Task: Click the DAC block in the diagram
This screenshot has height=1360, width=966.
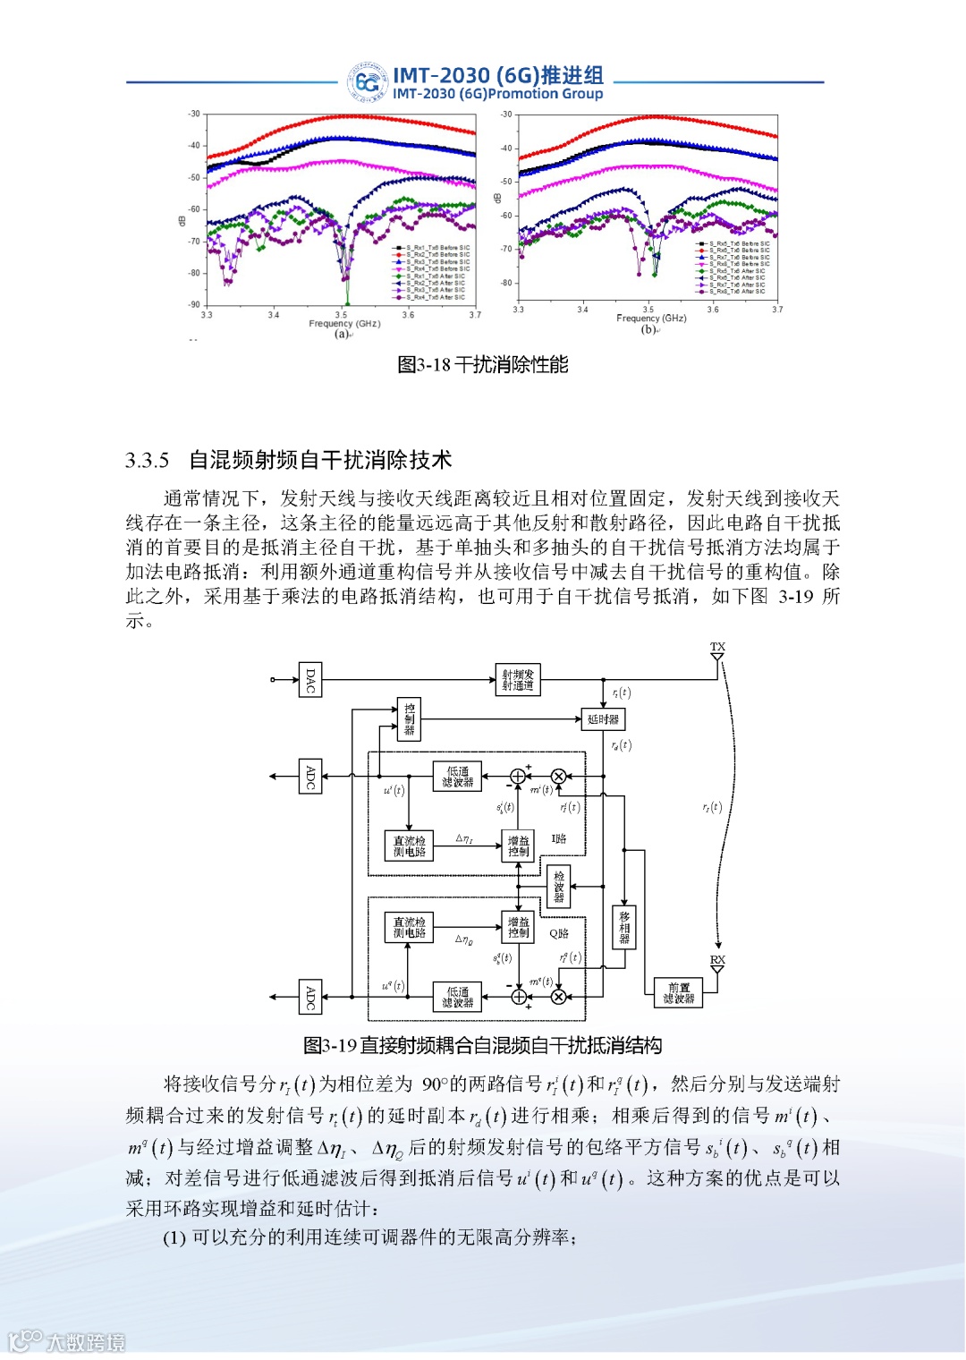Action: click(x=310, y=680)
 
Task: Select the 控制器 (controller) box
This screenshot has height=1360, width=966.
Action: click(x=409, y=719)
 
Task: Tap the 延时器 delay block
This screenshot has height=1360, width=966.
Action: click(x=603, y=719)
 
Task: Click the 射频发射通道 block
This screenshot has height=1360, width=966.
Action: click(x=518, y=680)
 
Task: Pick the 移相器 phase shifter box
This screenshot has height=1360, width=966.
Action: click(x=624, y=928)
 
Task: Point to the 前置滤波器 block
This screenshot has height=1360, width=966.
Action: click(x=678, y=993)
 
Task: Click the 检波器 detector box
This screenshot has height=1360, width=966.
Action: click(x=558, y=887)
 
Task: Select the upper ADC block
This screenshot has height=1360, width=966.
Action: click(x=310, y=777)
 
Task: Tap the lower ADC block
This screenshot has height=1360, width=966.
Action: click(x=310, y=997)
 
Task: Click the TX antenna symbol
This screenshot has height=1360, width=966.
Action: click(x=717, y=656)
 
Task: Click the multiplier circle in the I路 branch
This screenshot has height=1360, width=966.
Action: click(x=559, y=777)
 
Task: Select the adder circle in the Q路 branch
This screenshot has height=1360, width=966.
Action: click(x=518, y=997)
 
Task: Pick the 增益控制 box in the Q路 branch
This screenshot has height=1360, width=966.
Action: click(x=518, y=928)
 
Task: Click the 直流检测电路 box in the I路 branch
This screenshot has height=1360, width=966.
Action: click(x=409, y=846)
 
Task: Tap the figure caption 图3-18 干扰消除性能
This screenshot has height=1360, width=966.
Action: click(x=482, y=365)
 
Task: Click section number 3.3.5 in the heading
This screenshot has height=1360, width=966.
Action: click(x=148, y=461)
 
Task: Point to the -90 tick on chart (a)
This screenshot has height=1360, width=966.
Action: click(x=194, y=304)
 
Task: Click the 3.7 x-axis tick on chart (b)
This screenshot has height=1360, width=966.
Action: click(x=777, y=310)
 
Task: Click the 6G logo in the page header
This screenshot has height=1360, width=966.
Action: click(x=368, y=83)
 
